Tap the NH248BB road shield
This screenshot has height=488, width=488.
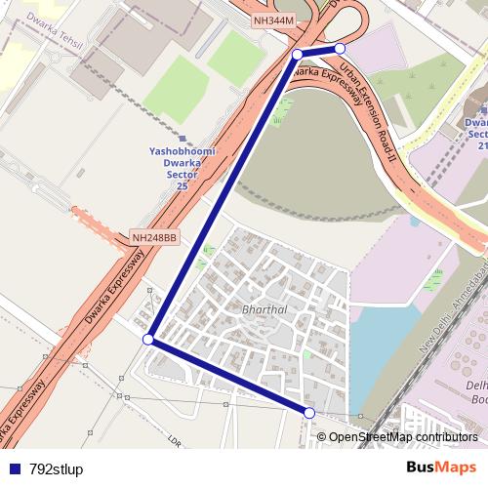click(x=154, y=237)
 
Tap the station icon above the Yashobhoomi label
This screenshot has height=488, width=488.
click(x=183, y=139)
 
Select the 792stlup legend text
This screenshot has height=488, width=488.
click(x=56, y=469)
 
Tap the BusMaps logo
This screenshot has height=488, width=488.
click(x=440, y=468)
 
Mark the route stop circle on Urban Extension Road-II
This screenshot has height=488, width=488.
click(x=340, y=48)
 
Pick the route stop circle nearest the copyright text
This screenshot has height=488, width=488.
click(x=309, y=414)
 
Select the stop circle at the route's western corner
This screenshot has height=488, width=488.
click(x=148, y=340)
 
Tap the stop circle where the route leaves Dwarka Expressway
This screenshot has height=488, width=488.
click(x=297, y=55)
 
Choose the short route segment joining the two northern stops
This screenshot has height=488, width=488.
click(x=318, y=51)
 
